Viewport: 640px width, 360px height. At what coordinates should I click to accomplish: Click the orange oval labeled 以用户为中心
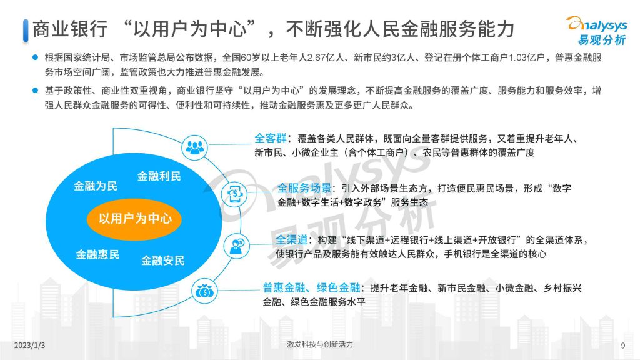point(134,219)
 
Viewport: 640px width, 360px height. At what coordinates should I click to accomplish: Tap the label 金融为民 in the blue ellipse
point(96,186)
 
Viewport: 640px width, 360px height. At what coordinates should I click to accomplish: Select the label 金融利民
point(159,176)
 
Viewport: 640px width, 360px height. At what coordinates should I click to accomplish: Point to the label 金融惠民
point(97,255)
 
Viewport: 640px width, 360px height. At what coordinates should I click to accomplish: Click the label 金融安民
point(163,261)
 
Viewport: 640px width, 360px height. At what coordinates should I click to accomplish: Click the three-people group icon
point(195,147)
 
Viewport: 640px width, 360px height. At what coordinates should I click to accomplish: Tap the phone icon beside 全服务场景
point(235,194)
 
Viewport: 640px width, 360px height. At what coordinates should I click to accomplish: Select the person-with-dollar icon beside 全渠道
point(237,246)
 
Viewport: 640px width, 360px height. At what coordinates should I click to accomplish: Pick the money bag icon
point(204,291)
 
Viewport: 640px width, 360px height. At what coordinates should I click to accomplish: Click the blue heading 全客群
point(271,138)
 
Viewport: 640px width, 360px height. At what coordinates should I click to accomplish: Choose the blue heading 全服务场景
point(304,188)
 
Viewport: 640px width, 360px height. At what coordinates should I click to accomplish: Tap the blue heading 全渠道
point(292,239)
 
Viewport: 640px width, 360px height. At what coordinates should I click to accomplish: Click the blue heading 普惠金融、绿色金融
point(311,287)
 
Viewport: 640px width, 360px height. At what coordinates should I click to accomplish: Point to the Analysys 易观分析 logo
point(597,30)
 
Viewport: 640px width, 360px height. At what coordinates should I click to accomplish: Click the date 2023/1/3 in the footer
point(29,345)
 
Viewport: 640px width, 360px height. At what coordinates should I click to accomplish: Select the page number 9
point(623,346)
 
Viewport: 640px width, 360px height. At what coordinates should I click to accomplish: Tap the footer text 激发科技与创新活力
point(319,344)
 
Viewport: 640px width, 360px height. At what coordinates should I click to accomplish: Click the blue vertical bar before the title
point(26,31)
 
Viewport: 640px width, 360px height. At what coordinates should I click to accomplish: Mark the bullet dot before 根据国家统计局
point(36,57)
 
